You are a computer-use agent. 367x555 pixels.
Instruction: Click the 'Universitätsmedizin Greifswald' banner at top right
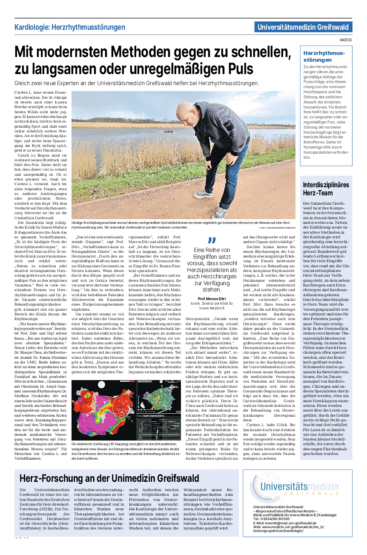[x=304, y=27]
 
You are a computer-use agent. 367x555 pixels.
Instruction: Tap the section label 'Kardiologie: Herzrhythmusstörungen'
[x=67, y=27]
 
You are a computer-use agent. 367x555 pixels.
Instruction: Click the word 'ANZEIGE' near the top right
[x=346, y=40]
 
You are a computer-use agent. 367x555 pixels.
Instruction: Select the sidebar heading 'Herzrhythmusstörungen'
[x=324, y=56]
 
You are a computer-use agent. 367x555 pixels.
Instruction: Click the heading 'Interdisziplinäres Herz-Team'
[x=326, y=189]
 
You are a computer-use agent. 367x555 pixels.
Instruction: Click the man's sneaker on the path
[x=220, y=213]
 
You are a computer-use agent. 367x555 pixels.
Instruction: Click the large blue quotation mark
[x=212, y=241]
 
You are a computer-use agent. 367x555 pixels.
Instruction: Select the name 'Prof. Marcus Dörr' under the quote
[x=212, y=299]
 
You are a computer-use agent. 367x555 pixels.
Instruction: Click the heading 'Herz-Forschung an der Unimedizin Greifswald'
[x=109, y=478]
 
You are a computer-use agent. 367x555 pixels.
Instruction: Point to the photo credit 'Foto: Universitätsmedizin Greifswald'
[x=276, y=228]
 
